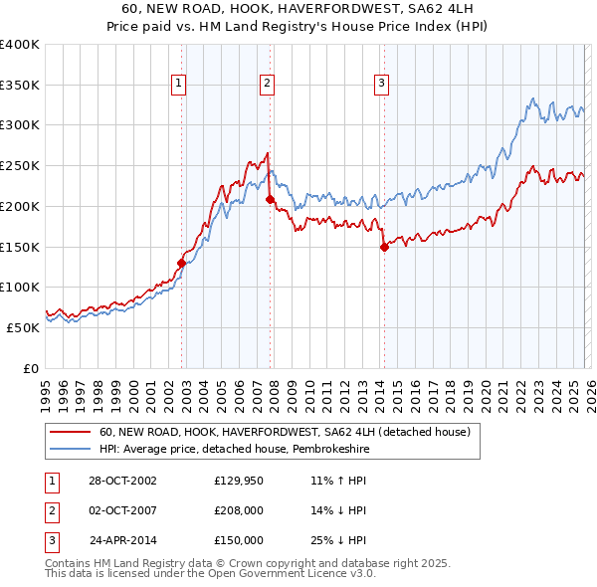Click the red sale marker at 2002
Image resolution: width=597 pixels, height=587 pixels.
[x=182, y=264]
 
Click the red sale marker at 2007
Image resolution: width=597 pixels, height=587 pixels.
[x=270, y=200]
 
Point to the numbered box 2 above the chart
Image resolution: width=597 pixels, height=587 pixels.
[x=268, y=85]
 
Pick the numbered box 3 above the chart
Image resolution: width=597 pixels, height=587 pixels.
[x=382, y=85]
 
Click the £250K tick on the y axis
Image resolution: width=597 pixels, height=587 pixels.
[x=20, y=166]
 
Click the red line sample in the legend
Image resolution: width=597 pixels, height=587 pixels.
[x=71, y=432]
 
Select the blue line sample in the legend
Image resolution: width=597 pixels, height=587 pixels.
[x=71, y=449]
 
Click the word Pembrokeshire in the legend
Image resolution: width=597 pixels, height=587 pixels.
[x=315, y=449]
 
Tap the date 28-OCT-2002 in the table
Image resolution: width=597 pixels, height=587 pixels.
[x=122, y=480]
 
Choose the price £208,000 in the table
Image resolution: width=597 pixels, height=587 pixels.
[x=239, y=510]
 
